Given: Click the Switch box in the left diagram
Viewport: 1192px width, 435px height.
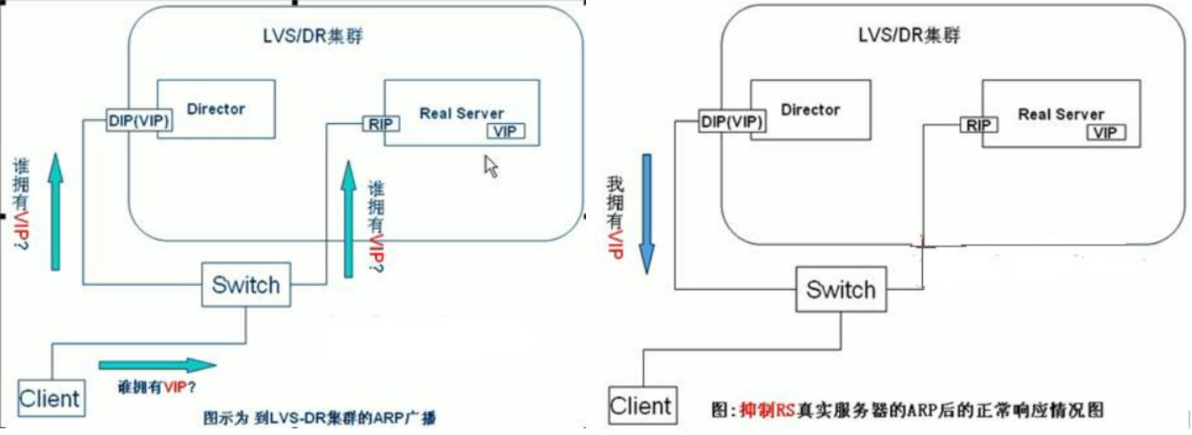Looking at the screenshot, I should point(245,284).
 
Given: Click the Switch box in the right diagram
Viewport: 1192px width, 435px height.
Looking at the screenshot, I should point(840,290).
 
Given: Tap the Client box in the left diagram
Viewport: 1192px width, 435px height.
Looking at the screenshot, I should point(50,397).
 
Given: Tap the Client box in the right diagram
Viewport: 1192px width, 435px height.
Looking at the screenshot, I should point(641,407).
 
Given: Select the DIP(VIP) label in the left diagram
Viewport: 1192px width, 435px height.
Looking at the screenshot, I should point(139,121).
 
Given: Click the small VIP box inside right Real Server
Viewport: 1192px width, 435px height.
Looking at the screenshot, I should point(1106,132).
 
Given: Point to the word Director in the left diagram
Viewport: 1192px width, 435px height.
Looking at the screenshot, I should point(216,108).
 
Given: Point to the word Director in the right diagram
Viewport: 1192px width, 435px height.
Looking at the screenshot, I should point(810,109).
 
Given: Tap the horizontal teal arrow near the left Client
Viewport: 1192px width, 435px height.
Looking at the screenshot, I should point(157,365).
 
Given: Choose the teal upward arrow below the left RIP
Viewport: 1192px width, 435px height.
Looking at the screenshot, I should point(348,220).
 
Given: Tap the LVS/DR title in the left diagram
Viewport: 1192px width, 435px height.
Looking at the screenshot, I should point(312,38).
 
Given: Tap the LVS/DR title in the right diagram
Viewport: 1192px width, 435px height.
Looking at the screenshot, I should point(908,36).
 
